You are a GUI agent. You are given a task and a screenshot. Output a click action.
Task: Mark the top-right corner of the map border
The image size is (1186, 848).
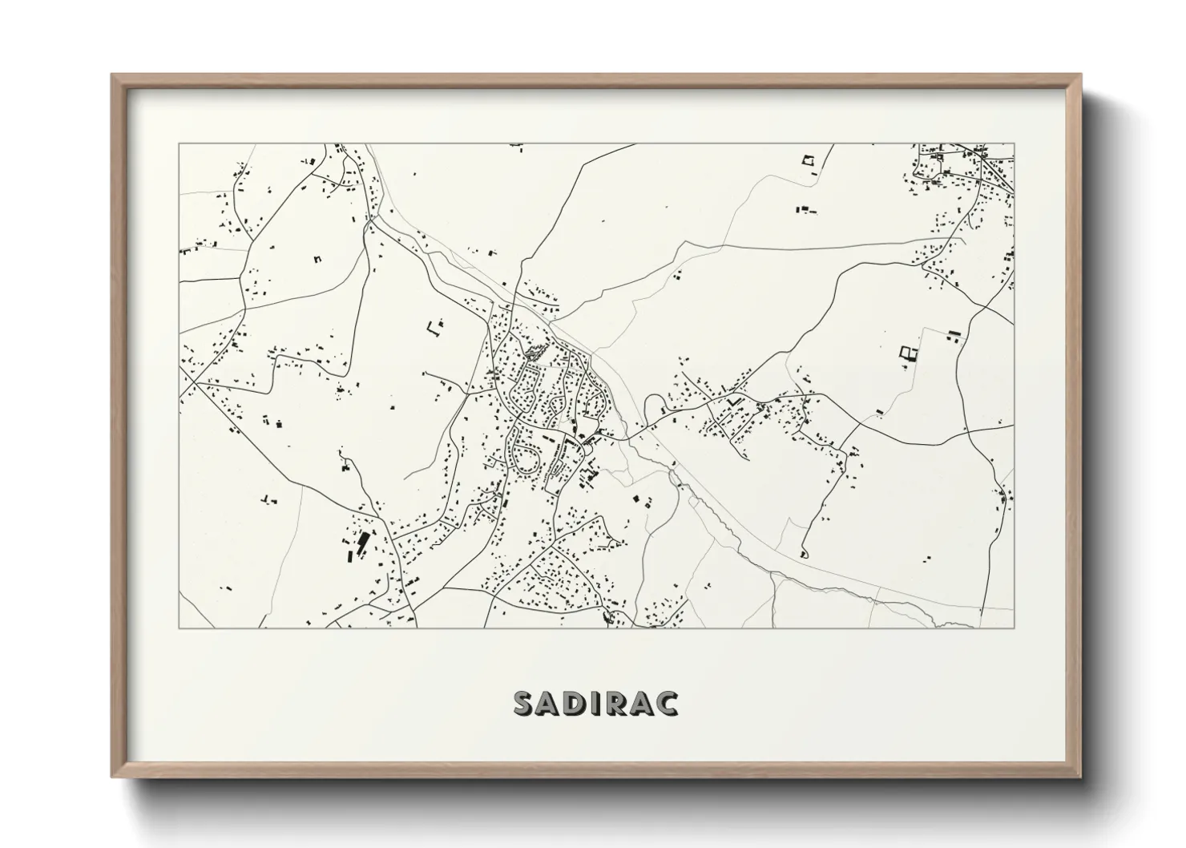[x=1014, y=144]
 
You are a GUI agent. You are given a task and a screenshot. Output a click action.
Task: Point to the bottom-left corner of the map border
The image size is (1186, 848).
[x=179, y=628]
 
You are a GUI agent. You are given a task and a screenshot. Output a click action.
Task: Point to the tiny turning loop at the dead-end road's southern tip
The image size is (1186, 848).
[x=803, y=553]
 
